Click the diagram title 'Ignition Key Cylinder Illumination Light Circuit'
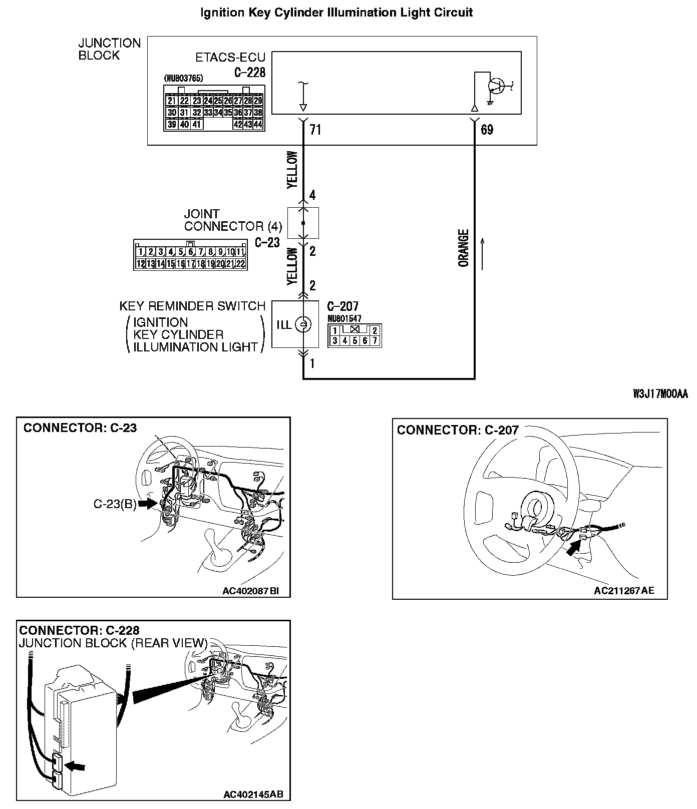tap(336, 13)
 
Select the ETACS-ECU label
tap(230, 58)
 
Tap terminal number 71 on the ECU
tap(315, 130)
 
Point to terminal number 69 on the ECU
tap(487, 130)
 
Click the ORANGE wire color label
tap(464, 248)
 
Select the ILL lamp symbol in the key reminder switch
tap(302, 325)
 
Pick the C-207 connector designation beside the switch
tap(342, 306)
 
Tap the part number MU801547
tap(344, 318)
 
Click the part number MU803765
tap(184, 79)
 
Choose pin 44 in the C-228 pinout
tap(258, 125)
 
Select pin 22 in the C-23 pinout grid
tap(240, 263)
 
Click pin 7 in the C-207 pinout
tap(375, 341)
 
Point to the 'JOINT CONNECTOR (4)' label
tap(233, 220)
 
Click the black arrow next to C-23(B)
tap(148, 504)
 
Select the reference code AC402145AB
tap(253, 794)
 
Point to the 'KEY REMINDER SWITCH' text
tap(192, 306)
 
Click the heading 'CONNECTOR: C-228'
tap(79, 630)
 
